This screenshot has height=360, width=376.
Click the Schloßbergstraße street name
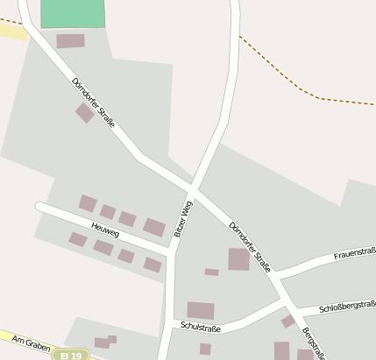(348, 307)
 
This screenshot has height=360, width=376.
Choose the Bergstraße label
(315, 343)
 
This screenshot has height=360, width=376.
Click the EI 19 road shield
(71, 355)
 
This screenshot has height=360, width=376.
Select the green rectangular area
(73, 13)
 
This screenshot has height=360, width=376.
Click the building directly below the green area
(70, 40)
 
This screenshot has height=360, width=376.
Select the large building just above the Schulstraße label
(201, 310)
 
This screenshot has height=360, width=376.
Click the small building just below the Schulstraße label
(205, 349)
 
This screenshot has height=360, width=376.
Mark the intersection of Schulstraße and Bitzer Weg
(164, 331)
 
